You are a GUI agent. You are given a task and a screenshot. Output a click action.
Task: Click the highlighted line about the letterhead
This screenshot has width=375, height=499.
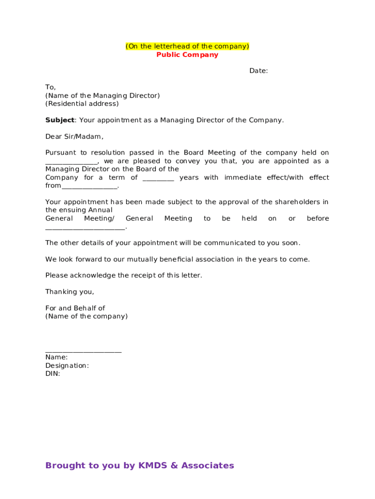(187, 46)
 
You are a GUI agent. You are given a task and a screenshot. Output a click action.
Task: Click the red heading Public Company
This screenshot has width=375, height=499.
(187, 55)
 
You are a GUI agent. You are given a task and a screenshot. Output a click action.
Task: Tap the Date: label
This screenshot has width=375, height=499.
(259, 71)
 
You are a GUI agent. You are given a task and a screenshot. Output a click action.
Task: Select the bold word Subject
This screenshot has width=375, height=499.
(60, 120)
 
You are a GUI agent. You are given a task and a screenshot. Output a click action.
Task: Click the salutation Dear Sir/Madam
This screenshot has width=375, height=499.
(75, 136)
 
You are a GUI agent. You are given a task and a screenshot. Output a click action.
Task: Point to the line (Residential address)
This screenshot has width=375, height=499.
(82, 104)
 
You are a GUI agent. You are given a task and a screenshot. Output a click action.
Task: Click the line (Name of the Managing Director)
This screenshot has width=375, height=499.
(102, 96)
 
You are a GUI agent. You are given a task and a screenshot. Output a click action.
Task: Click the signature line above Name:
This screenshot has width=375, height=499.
(83, 351)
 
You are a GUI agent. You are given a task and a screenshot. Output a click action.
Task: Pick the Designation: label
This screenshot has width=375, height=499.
(67, 365)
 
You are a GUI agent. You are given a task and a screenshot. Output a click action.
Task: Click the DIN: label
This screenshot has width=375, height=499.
(53, 374)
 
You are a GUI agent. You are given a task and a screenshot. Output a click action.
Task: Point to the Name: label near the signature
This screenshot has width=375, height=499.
(56, 357)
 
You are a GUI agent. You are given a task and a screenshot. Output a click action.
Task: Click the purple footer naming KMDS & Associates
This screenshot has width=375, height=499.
(140, 465)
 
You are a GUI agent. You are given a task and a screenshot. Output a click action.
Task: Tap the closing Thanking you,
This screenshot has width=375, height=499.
(70, 292)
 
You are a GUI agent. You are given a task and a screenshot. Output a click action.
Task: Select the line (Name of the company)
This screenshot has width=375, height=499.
(86, 316)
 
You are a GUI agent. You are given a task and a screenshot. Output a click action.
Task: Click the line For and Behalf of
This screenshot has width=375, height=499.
(75, 308)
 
